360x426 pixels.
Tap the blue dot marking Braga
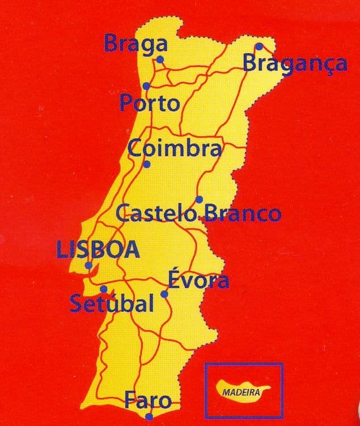160,59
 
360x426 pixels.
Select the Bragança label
295,63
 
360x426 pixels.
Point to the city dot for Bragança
259,47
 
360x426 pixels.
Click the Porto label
150,103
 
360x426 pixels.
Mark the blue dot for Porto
146,86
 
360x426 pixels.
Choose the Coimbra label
174,148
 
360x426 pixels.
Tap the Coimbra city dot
147,165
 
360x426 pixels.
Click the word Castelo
156,214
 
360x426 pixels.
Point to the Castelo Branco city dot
199,199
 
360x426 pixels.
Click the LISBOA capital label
98,250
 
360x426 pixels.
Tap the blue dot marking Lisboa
88,265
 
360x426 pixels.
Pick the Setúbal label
111,303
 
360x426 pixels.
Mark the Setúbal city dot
103,289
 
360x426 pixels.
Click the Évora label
198,280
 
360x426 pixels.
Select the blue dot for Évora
164,294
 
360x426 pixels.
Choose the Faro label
148,400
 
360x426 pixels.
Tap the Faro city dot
149,417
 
